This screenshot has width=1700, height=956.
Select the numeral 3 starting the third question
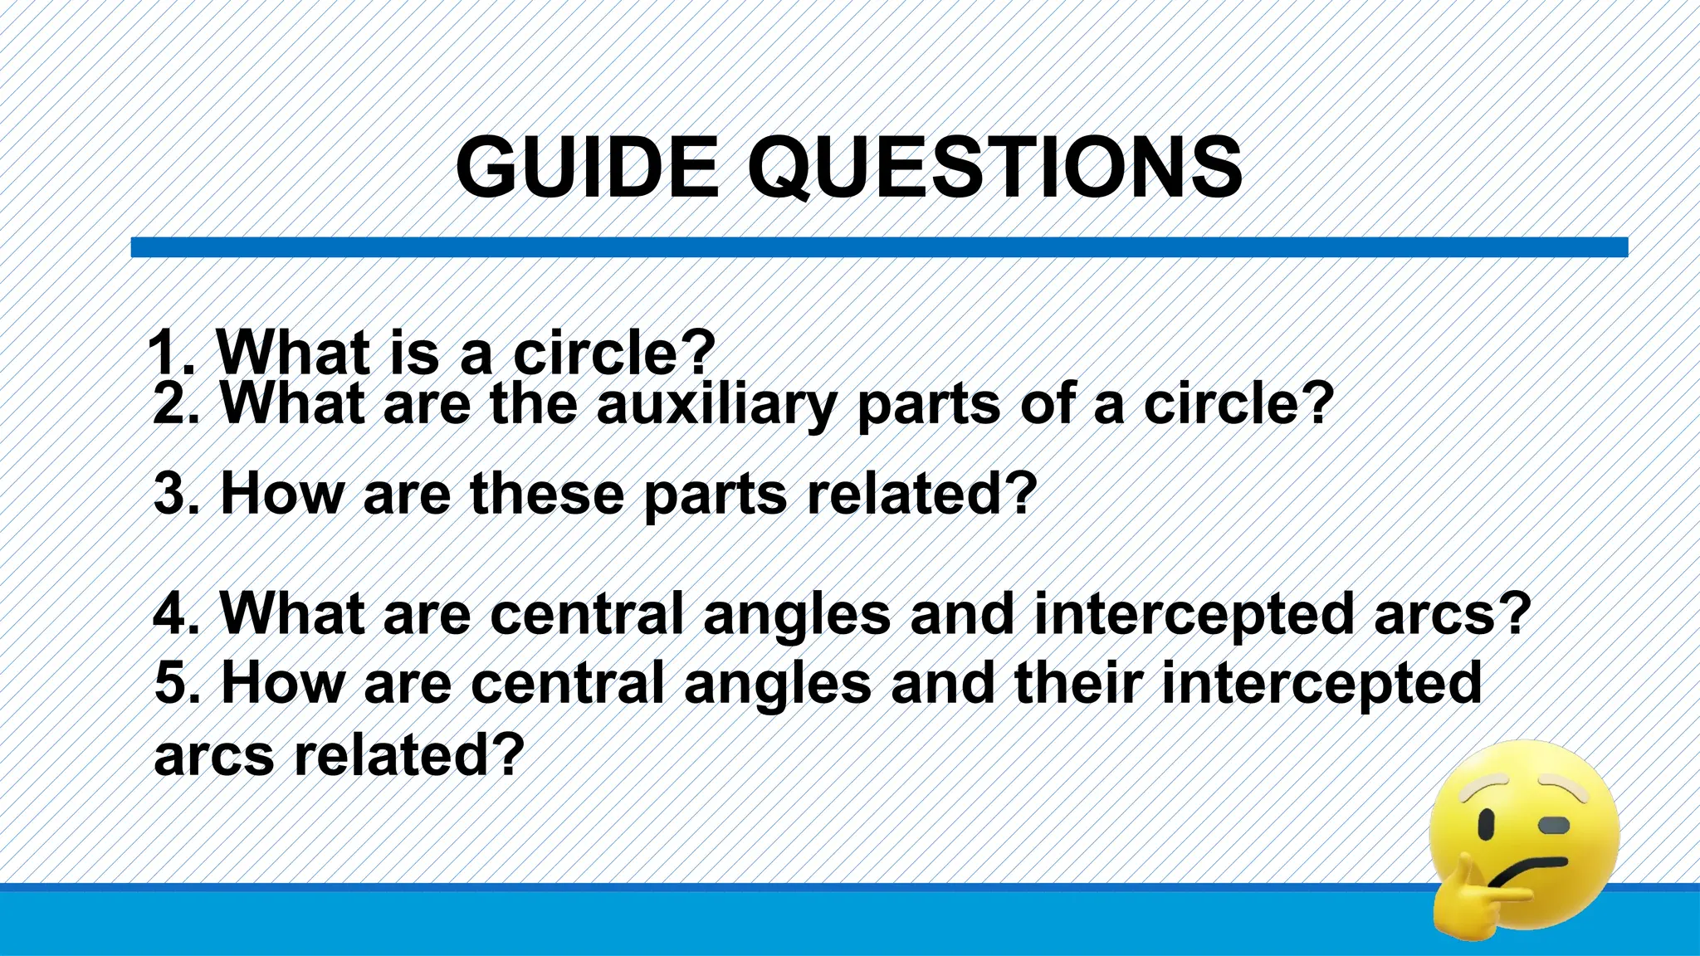click(x=170, y=494)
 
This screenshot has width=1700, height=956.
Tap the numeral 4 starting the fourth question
click(x=170, y=614)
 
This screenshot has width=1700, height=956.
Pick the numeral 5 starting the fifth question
click(x=171, y=683)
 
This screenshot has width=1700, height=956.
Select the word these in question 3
click(x=546, y=494)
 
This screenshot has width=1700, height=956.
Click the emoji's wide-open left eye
click(x=1487, y=825)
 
